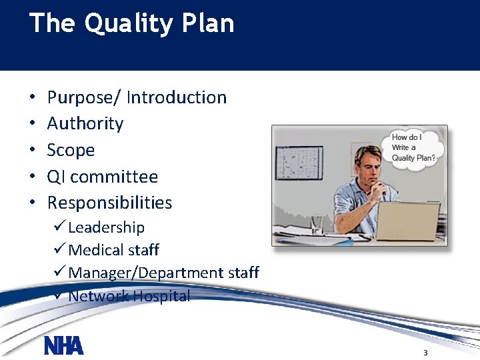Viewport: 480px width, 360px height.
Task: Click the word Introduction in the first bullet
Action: [177, 97]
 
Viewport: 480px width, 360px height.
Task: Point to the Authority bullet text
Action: [85, 124]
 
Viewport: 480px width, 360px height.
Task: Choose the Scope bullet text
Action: [71, 150]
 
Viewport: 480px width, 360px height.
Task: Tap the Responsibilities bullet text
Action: [109, 203]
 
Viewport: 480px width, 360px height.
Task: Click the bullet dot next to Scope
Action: [33, 151]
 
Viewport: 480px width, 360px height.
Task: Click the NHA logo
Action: [64, 346]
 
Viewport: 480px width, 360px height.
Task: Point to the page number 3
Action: [425, 352]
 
